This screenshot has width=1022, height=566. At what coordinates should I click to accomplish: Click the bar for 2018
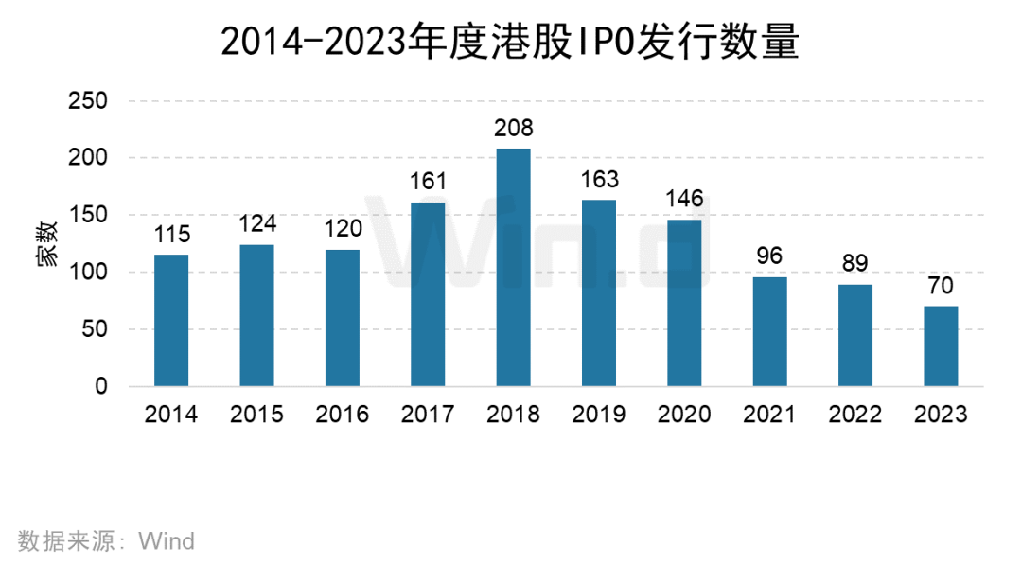[x=513, y=267]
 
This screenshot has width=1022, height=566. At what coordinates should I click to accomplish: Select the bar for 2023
[x=941, y=346]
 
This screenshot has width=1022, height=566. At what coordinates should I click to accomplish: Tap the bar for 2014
[x=171, y=320]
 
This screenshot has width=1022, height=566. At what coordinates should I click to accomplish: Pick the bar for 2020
[x=684, y=303]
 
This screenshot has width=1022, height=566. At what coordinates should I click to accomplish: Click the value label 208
[x=514, y=128]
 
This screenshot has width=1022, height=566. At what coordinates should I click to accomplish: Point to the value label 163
[x=600, y=179]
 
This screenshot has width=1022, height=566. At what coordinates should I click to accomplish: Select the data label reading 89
[x=855, y=263]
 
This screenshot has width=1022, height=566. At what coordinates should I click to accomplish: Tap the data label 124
[x=257, y=223]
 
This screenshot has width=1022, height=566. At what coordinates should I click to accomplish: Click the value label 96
[x=769, y=256]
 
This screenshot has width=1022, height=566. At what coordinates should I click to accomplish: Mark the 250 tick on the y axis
[x=88, y=100]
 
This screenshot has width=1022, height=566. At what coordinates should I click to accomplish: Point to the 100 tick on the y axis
[x=88, y=272]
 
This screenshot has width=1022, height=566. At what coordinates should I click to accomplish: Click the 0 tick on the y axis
[x=101, y=386]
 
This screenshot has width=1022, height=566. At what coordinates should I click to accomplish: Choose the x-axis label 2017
[x=428, y=414]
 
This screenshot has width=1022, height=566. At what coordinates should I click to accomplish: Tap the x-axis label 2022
[x=855, y=414]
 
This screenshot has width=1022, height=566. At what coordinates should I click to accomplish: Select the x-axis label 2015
[x=256, y=414]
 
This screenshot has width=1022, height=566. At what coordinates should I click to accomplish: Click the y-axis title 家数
[x=47, y=244]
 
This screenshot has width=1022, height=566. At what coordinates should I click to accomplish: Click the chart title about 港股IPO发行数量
[x=510, y=42]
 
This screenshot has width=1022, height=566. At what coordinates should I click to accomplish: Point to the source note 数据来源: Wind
[x=106, y=541]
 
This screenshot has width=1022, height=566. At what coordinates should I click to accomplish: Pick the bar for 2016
[x=343, y=318]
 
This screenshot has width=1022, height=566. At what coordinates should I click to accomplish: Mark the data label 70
[x=941, y=285]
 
